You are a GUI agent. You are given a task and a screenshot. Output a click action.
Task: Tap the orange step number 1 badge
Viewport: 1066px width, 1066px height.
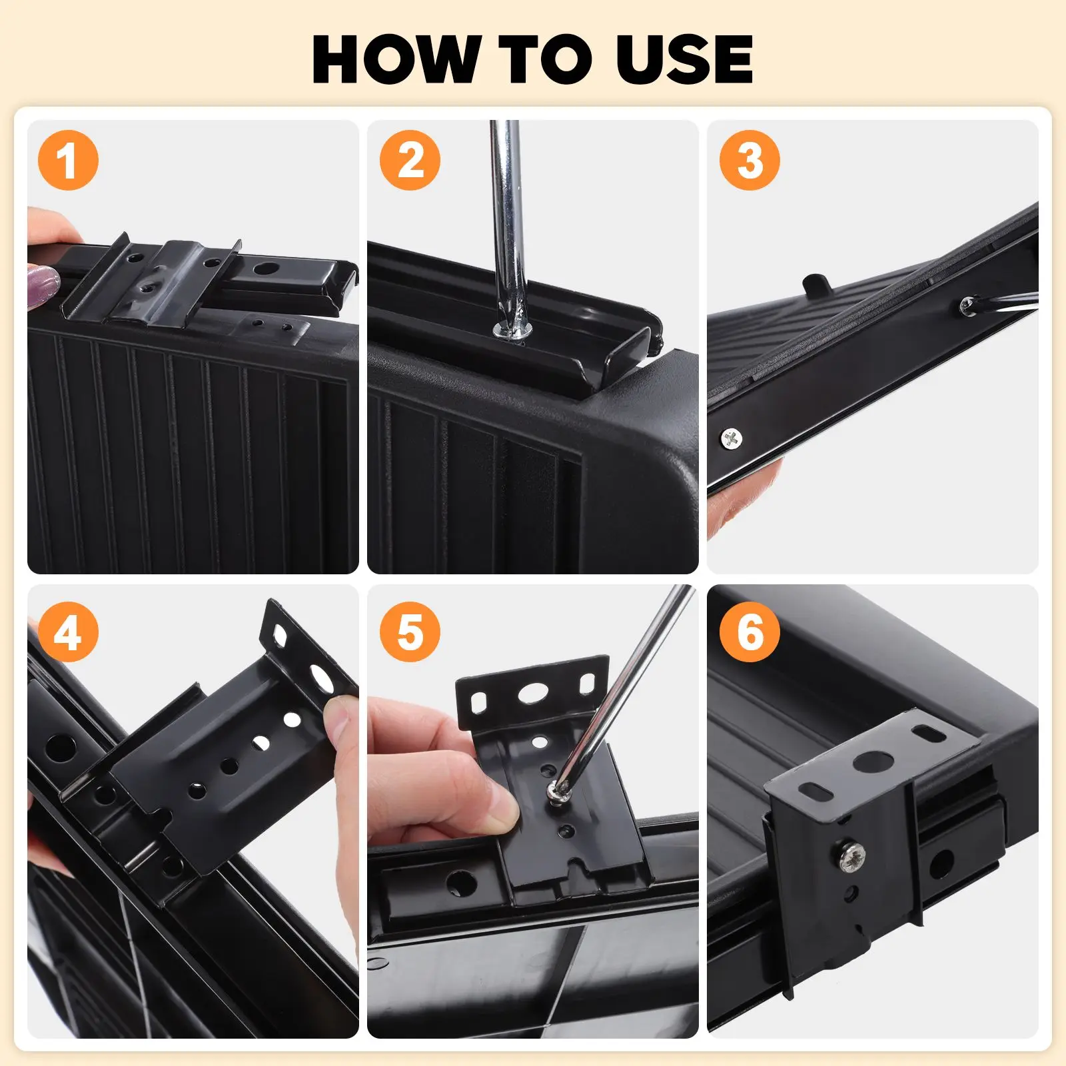68,161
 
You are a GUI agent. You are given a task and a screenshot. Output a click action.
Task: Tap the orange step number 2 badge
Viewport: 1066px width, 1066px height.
410,161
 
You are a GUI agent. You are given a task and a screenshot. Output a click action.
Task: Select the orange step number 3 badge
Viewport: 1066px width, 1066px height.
750,161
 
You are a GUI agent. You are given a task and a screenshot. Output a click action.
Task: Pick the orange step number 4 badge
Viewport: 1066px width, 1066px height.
68,632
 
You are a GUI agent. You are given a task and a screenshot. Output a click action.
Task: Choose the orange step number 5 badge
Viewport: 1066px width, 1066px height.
410,632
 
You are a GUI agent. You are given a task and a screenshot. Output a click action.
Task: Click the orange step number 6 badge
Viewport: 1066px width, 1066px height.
750,632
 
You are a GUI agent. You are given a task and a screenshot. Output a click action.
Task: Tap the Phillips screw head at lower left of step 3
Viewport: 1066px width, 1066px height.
732,438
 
